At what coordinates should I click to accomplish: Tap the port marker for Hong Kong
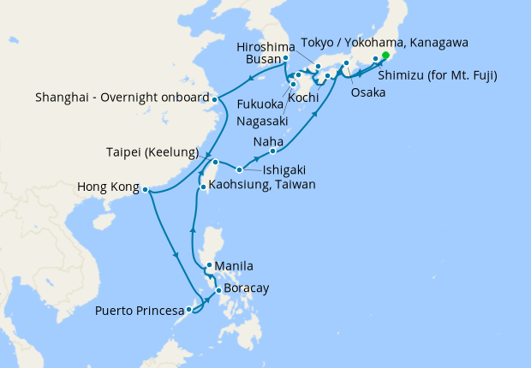pos(146,190)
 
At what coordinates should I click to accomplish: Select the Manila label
pos(235,266)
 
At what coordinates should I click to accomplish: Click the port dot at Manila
pos(209,265)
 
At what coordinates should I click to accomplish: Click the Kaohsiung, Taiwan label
pos(262,185)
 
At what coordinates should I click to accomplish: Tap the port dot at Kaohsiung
pos(202,186)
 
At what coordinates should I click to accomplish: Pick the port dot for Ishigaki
pos(240,169)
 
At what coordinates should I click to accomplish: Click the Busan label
pos(263,58)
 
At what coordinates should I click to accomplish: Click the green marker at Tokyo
pos(385,56)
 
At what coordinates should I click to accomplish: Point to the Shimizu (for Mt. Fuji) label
pos(438,75)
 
